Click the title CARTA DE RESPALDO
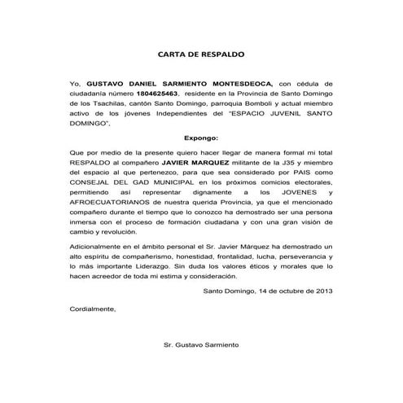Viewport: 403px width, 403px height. coord(200,55)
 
